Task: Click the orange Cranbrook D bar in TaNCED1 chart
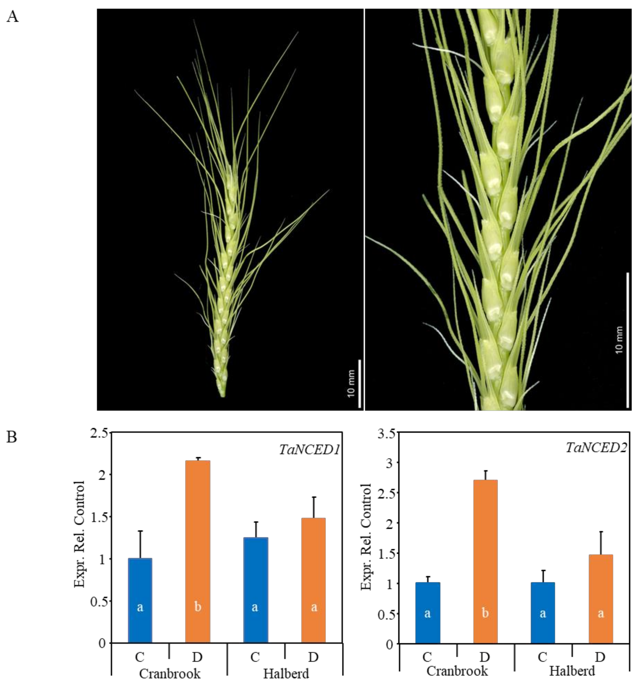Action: tap(198, 551)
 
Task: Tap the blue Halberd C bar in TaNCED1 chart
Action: tap(255, 589)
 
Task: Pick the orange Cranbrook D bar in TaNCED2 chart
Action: tap(485, 562)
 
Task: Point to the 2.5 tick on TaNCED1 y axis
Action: tap(99, 433)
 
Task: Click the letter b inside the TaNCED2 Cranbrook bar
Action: tap(485, 613)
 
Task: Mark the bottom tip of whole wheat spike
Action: tap(223, 396)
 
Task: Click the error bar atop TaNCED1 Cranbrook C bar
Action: tap(140, 544)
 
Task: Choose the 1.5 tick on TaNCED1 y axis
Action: tap(99, 517)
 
